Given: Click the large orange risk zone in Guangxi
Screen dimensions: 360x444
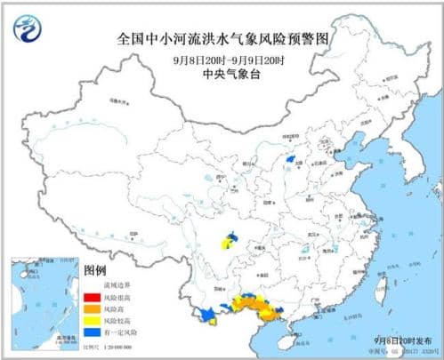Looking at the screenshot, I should pyautogui.click(x=258, y=308).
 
